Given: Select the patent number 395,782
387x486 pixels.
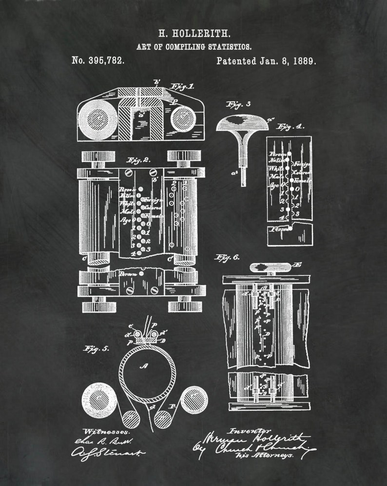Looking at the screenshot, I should coord(98,61).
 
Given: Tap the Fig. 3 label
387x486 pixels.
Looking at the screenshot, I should coord(238,104).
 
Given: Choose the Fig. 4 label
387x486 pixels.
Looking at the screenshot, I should coord(291,126).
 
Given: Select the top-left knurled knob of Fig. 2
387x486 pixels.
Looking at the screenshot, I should coord(98,156).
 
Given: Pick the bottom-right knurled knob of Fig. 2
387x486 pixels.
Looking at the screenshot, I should coord(185,307).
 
